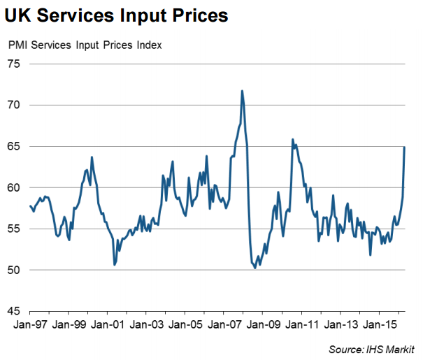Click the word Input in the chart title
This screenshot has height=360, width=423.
(153, 15)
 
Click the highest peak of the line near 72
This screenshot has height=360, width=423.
(242, 91)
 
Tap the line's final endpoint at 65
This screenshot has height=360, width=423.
(405, 147)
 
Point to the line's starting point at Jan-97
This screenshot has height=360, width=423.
(30, 206)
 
